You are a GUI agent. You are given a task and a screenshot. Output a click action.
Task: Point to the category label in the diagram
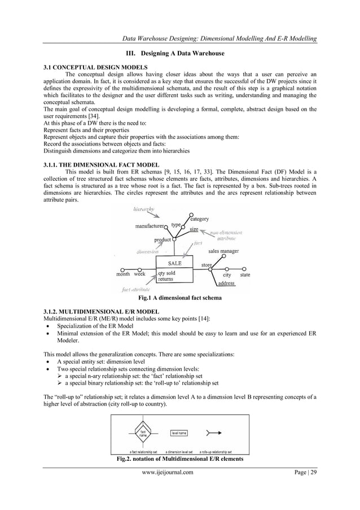tap(199, 219)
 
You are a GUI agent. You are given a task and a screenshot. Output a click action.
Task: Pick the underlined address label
tap(226, 283)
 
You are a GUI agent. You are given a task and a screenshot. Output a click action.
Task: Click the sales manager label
tap(223, 251)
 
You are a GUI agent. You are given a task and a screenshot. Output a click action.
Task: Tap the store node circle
tap(212, 269)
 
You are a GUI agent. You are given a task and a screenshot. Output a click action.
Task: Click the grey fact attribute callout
tap(135, 289)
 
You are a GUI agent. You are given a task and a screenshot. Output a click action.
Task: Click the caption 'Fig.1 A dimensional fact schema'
tap(179, 298)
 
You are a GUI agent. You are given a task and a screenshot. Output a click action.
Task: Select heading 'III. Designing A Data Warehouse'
tap(179, 53)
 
